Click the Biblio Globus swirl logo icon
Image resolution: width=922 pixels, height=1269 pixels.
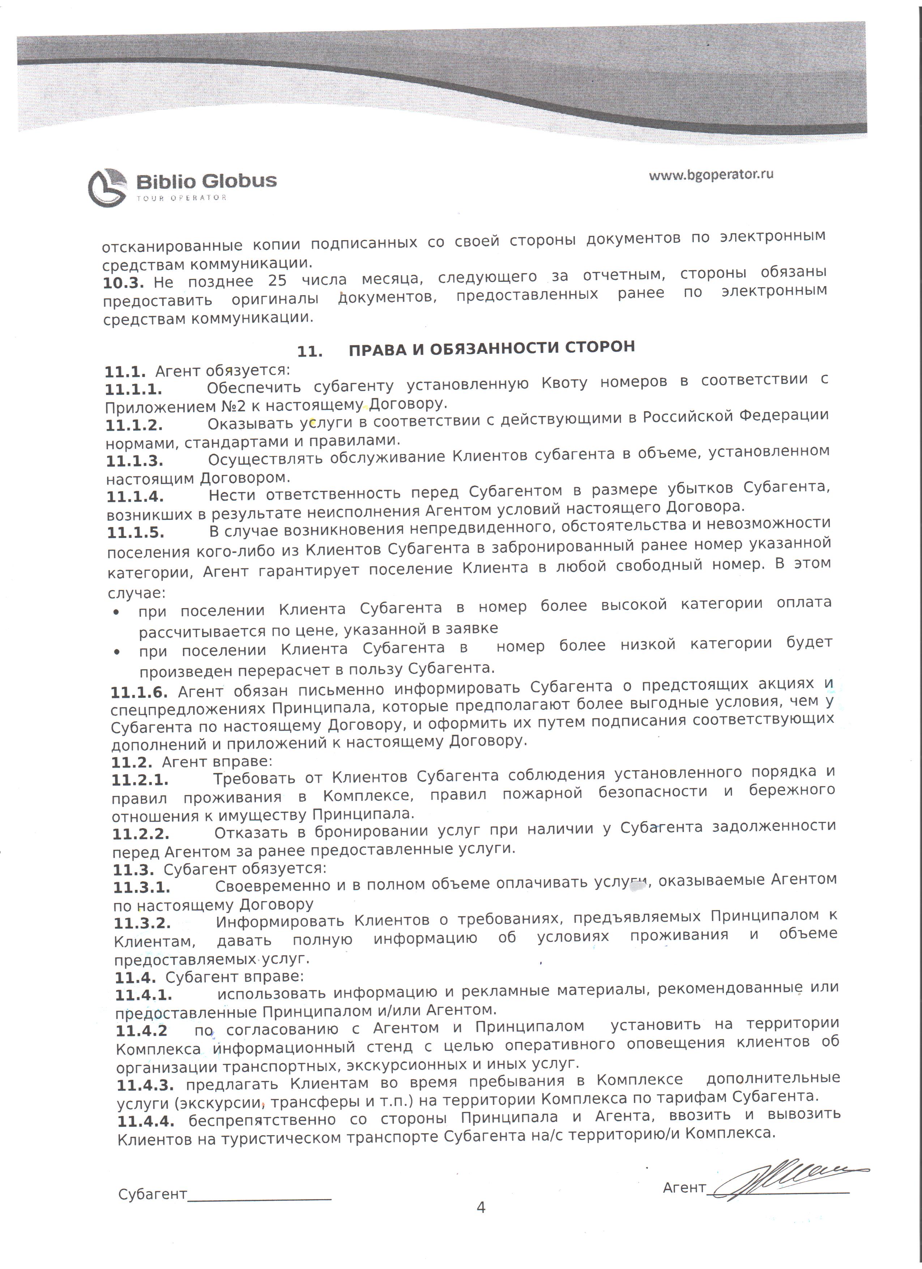(x=107, y=187)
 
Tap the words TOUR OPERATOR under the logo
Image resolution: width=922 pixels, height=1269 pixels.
(x=181, y=198)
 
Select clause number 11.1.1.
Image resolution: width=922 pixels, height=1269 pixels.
(x=134, y=390)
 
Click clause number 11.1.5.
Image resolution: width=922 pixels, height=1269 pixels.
(x=135, y=532)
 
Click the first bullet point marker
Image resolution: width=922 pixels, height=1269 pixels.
(x=116, y=613)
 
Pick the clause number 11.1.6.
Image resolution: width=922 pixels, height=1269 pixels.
(x=139, y=693)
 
